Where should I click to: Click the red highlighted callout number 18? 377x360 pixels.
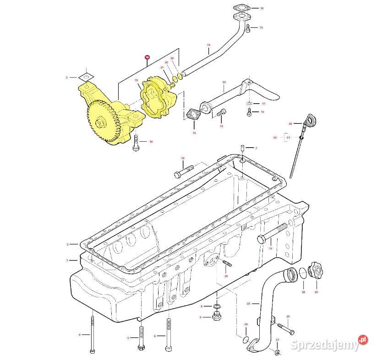[147, 57]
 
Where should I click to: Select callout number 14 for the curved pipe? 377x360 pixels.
[208, 45]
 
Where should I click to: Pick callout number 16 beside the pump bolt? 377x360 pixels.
[151, 142]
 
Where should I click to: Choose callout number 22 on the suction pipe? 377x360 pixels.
[224, 82]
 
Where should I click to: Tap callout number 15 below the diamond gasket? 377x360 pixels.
[194, 133]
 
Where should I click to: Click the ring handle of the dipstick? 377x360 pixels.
[311, 121]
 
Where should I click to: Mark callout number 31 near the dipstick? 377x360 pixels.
[288, 137]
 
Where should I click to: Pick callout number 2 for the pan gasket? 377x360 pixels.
[67, 244]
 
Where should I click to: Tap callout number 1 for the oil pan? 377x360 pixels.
[67, 260]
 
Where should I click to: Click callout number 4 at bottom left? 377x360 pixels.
[79, 335]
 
